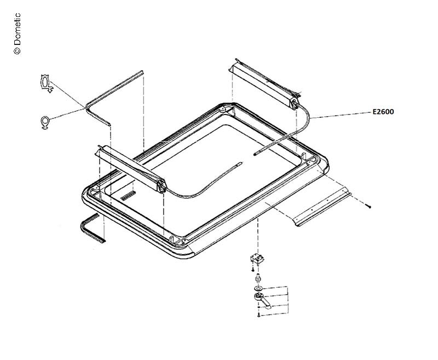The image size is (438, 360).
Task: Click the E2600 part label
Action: pyautogui.click(x=383, y=112)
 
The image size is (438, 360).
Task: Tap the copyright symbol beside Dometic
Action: pyautogui.click(x=17, y=50)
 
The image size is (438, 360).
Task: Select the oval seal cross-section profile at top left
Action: pyautogui.click(x=45, y=83)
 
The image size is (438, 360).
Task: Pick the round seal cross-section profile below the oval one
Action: pyautogui.click(x=45, y=122)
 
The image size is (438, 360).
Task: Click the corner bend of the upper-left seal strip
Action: pyautogui.click(x=88, y=106)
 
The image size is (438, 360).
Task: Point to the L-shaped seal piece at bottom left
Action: pyautogui.click(x=91, y=228)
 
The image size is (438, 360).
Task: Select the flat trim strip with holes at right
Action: pyautogui.click(x=321, y=207)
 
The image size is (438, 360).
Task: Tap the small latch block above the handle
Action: pyautogui.click(x=257, y=259)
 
